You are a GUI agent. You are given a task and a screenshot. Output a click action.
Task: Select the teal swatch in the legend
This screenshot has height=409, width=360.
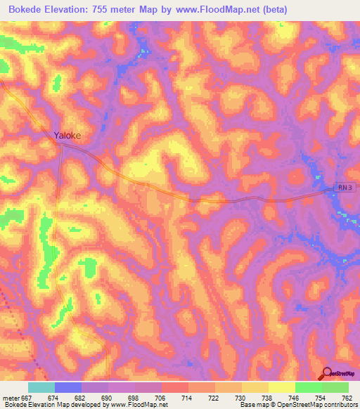click(x=41, y=387)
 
